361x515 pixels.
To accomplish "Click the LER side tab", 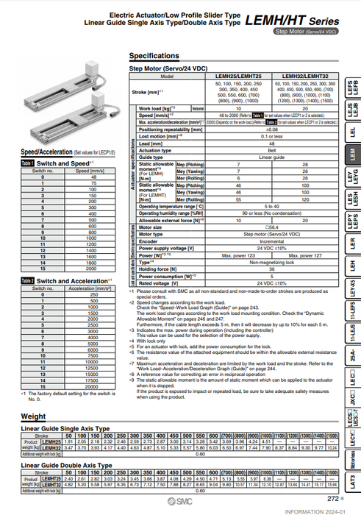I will (x=352, y=242).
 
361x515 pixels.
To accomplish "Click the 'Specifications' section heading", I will (x=154, y=56).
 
